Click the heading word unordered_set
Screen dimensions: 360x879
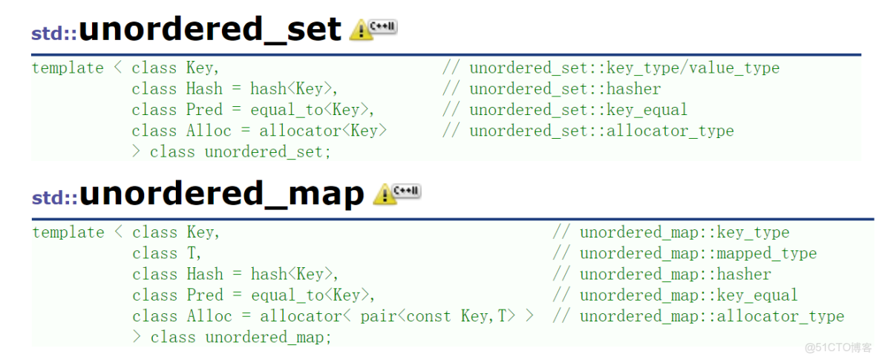210,30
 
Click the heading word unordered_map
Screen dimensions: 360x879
222,194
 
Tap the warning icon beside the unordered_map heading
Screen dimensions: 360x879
385,194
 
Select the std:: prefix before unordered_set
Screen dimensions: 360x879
53,33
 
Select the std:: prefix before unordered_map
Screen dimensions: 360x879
54,197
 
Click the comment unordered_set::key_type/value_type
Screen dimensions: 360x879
624,68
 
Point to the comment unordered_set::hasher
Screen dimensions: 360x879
564,89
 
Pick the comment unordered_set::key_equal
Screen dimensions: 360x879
578,110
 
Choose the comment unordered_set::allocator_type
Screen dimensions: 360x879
601,131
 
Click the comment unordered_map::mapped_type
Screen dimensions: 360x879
698,253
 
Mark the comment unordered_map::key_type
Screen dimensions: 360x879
684,232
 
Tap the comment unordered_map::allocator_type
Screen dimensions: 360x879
712,316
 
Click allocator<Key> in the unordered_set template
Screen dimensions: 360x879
323,131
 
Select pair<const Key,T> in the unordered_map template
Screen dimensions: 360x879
438,316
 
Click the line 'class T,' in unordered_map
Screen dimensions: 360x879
167,253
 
